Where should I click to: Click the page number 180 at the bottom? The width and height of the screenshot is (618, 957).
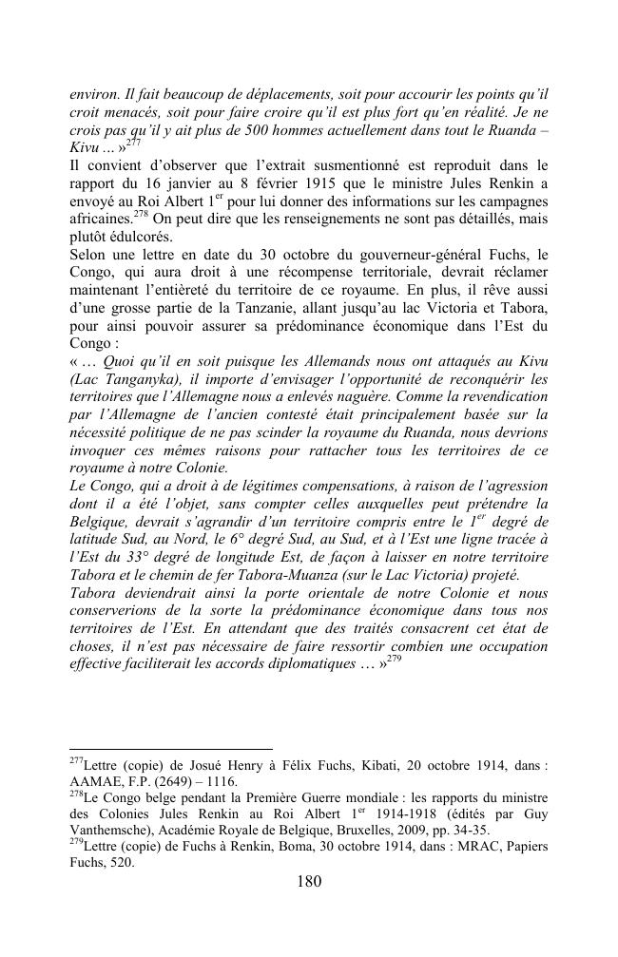(309, 881)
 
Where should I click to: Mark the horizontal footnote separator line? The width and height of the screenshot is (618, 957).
(171, 749)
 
